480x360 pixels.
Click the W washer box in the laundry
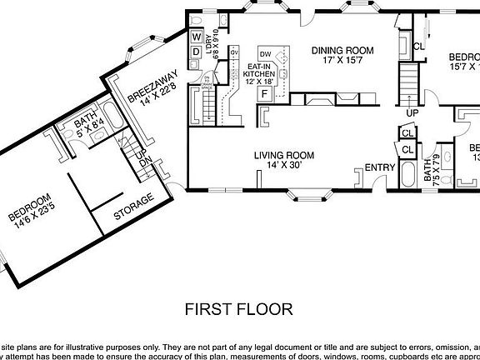coord(197,37)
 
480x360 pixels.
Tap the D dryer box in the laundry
coord(197,52)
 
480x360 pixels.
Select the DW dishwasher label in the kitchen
coord(266,54)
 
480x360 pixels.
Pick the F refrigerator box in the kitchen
coord(265,93)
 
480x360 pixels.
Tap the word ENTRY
coord(380,167)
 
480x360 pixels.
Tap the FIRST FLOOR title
coord(237,310)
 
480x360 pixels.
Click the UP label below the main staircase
coord(411,112)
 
